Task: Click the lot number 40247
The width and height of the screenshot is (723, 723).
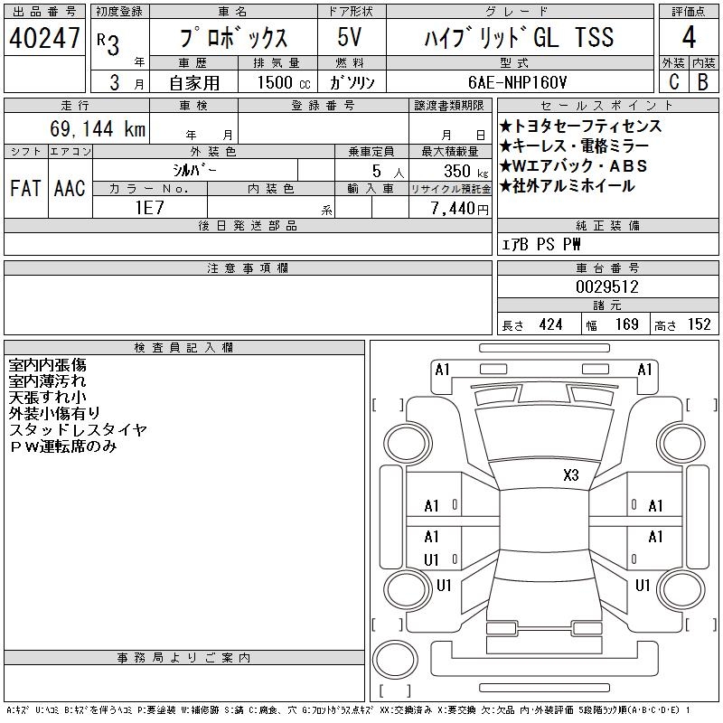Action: [x=44, y=38]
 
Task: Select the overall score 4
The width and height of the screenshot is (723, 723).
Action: [x=689, y=37]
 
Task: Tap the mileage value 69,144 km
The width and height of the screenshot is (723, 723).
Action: [x=98, y=128]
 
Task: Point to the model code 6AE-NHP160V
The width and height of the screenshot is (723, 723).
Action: [x=517, y=82]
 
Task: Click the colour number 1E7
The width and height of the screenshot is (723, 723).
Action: [x=149, y=208]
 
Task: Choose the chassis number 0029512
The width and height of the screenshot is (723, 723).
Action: [x=606, y=287]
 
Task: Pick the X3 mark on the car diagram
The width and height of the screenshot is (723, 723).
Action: [x=571, y=475]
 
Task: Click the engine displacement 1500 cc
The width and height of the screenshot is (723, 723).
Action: [x=284, y=82]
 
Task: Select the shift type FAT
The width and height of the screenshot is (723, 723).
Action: [x=25, y=188]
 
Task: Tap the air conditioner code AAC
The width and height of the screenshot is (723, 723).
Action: [x=70, y=188]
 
